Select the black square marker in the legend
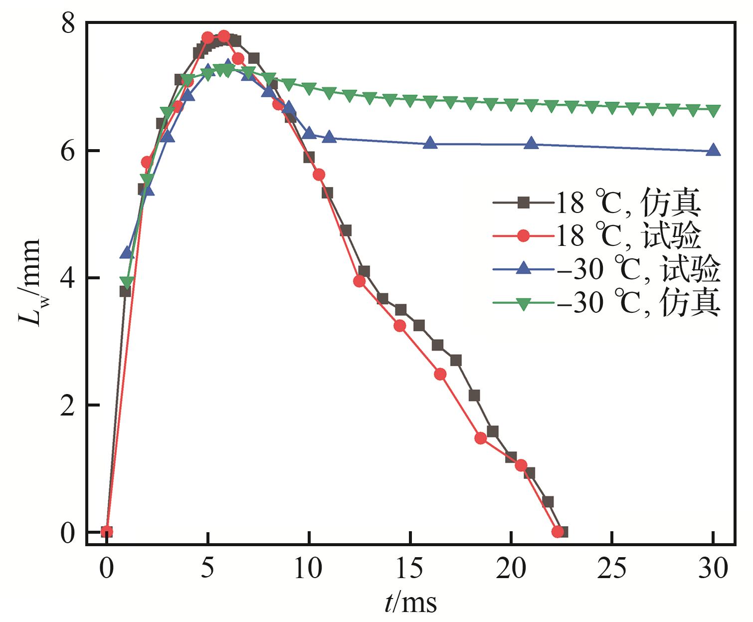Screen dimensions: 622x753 [523, 203]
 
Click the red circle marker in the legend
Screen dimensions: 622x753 [523, 236]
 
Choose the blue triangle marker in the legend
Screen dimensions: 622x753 [523, 269]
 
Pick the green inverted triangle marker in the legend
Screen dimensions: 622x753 [523, 303]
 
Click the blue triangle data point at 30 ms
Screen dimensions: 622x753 [714, 150]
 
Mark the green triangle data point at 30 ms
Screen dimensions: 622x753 [714, 110]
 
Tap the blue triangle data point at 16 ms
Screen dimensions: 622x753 [430, 144]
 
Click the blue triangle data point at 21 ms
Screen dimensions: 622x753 [532, 144]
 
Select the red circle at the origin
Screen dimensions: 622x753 [106, 532]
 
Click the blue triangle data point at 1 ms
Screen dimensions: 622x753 [127, 252]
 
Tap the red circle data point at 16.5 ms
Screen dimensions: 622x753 [440, 374]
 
